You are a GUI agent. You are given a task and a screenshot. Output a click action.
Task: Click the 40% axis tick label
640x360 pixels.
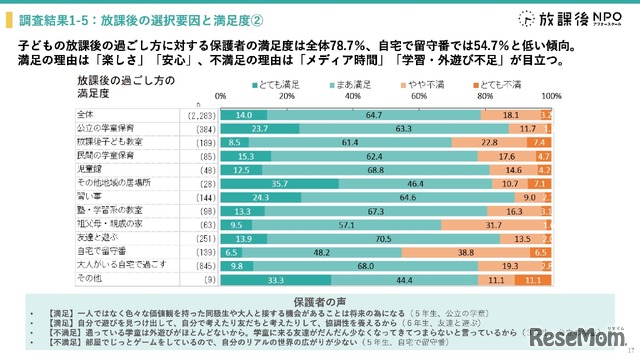(353, 96)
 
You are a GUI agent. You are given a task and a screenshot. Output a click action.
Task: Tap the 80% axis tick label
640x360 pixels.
(485, 96)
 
